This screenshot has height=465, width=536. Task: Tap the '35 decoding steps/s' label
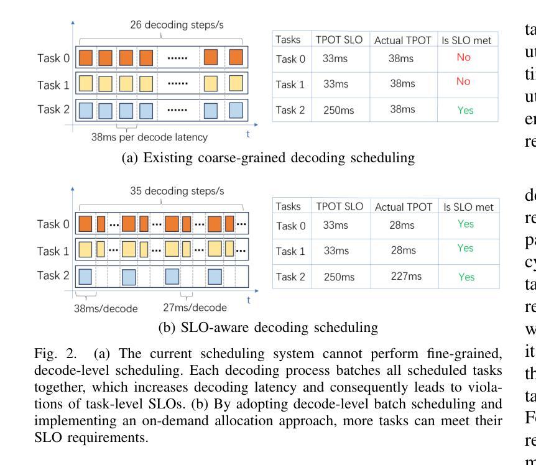point(162,191)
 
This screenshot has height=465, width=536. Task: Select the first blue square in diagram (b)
point(85,275)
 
